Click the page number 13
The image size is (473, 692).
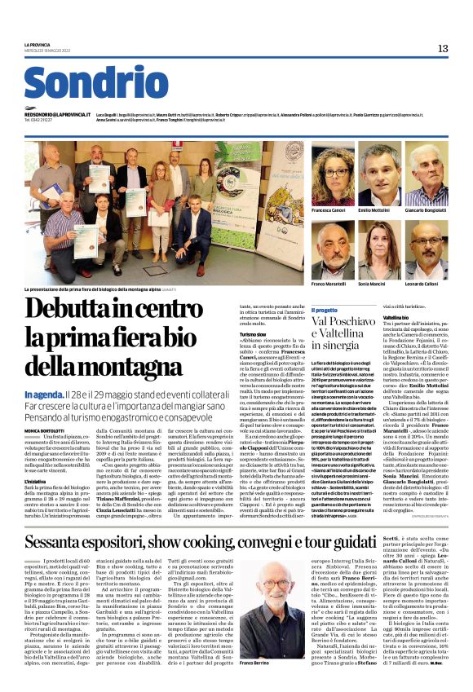pos(443,49)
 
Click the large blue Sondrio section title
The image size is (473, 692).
pos(85,84)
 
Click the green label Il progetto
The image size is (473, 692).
pos(325,311)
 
